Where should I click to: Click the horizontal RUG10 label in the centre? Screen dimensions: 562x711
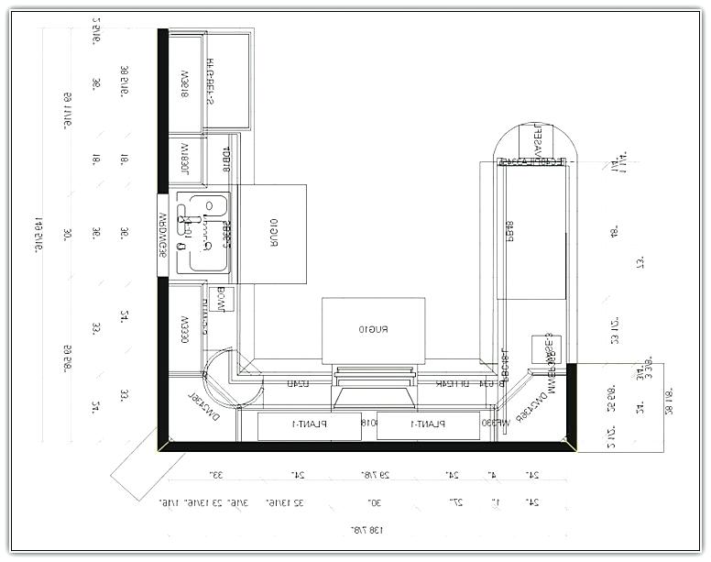coord(375,328)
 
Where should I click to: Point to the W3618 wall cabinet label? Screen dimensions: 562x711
coord(183,83)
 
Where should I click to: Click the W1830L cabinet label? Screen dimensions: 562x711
coord(183,158)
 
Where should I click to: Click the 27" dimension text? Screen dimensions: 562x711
coord(451,503)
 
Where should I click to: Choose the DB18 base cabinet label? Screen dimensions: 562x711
coord(225,158)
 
